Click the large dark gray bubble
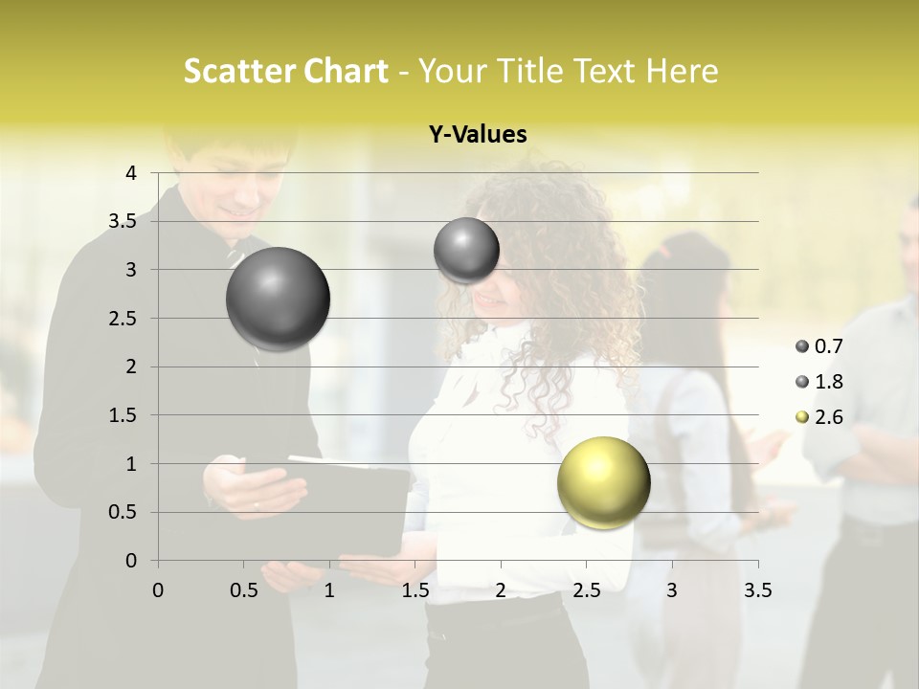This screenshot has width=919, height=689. coord(278,299)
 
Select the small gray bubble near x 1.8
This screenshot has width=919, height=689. coord(466,250)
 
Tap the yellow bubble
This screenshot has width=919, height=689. coord(603,482)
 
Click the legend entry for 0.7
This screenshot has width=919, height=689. coord(819,346)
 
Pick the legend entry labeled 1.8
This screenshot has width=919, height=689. coord(819,382)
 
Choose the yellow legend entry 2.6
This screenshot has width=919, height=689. coord(819,417)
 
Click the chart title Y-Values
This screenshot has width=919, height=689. coord(478,135)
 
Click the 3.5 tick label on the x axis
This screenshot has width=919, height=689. coord(757,590)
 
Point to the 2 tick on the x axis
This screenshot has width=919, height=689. coord(501,590)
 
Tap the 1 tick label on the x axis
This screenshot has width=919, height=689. coord(329,590)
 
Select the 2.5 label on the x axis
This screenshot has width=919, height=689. coord(586,590)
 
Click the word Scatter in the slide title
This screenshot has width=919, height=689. coord(235,71)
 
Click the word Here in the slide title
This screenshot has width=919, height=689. coord(681,71)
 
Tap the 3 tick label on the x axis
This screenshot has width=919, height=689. coord(672,590)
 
